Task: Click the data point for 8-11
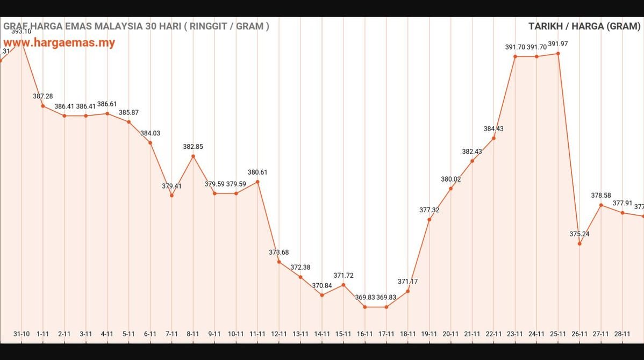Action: (193, 156)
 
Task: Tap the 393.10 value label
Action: (22, 32)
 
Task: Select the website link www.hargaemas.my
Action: (59, 42)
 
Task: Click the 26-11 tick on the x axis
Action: (579, 334)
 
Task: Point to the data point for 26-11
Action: (579, 244)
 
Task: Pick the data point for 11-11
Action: (257, 182)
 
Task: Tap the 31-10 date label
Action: (22, 334)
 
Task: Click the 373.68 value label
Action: (279, 252)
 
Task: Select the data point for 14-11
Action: (322, 295)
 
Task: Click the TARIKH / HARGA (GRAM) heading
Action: (584, 26)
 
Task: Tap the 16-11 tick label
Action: (365, 334)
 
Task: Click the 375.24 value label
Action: (579, 234)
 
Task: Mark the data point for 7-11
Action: (171, 196)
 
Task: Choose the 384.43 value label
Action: (493, 129)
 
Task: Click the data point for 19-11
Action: (429, 219)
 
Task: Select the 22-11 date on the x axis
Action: (493, 334)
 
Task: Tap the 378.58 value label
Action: (601, 196)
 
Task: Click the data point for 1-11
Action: (43, 106)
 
